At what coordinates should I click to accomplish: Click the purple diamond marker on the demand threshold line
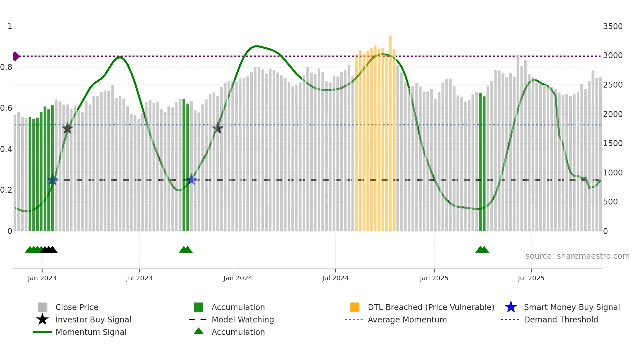(x=16, y=56)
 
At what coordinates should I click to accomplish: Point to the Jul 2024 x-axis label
(x=335, y=278)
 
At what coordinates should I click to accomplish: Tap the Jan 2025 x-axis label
(x=434, y=278)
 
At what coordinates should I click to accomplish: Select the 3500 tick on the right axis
(x=613, y=26)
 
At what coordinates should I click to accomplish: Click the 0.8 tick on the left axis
(x=6, y=67)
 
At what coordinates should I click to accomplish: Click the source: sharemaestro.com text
(x=577, y=256)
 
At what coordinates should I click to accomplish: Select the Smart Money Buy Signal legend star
(x=511, y=307)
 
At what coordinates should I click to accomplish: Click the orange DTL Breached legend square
(x=355, y=307)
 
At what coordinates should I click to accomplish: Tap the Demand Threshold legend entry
(x=561, y=319)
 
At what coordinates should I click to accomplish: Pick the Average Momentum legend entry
(x=407, y=319)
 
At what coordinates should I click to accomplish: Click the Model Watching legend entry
(x=242, y=319)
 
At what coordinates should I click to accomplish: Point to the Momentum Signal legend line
(x=42, y=332)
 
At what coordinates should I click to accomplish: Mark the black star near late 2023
(x=217, y=128)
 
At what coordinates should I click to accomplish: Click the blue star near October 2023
(x=192, y=180)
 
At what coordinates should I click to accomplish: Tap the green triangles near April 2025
(x=482, y=250)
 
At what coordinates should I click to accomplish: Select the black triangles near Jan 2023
(x=49, y=250)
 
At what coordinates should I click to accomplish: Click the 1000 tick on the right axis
(x=613, y=172)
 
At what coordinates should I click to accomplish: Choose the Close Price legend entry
(x=76, y=307)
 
